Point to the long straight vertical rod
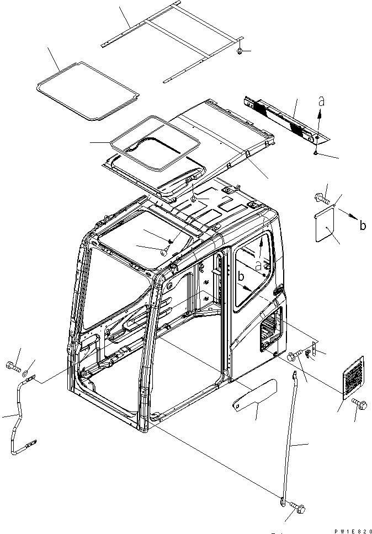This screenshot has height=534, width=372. (291, 436)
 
